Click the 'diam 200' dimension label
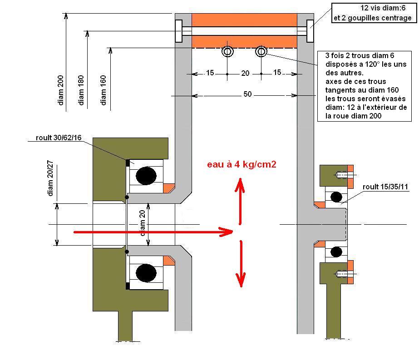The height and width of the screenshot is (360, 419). (x=61, y=90)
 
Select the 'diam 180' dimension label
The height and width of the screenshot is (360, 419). (x=81, y=90)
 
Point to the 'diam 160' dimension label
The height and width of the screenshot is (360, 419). (x=103, y=90)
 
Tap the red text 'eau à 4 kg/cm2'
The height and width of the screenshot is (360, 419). (x=242, y=164)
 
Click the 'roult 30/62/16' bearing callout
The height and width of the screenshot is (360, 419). (x=59, y=138)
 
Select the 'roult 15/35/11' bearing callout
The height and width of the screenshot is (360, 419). (x=385, y=187)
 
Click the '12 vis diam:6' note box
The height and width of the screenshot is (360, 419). (x=374, y=13)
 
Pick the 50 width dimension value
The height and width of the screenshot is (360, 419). (x=247, y=94)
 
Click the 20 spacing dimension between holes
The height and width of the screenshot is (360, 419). (x=245, y=73)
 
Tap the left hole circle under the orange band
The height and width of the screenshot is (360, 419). (x=227, y=51)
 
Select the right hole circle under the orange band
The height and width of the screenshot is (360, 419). (x=261, y=51)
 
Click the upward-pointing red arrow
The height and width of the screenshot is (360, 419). (x=240, y=201)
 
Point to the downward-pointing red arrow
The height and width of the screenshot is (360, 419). (x=241, y=264)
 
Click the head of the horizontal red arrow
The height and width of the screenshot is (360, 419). (x=227, y=232)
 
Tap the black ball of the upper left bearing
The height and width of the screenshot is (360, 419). (x=146, y=176)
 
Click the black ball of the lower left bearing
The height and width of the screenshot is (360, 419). (x=146, y=273)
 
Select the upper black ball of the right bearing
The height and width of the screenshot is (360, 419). (x=336, y=197)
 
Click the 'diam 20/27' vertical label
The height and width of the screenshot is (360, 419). (x=50, y=178)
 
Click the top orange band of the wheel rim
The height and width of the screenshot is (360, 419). (x=244, y=20)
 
